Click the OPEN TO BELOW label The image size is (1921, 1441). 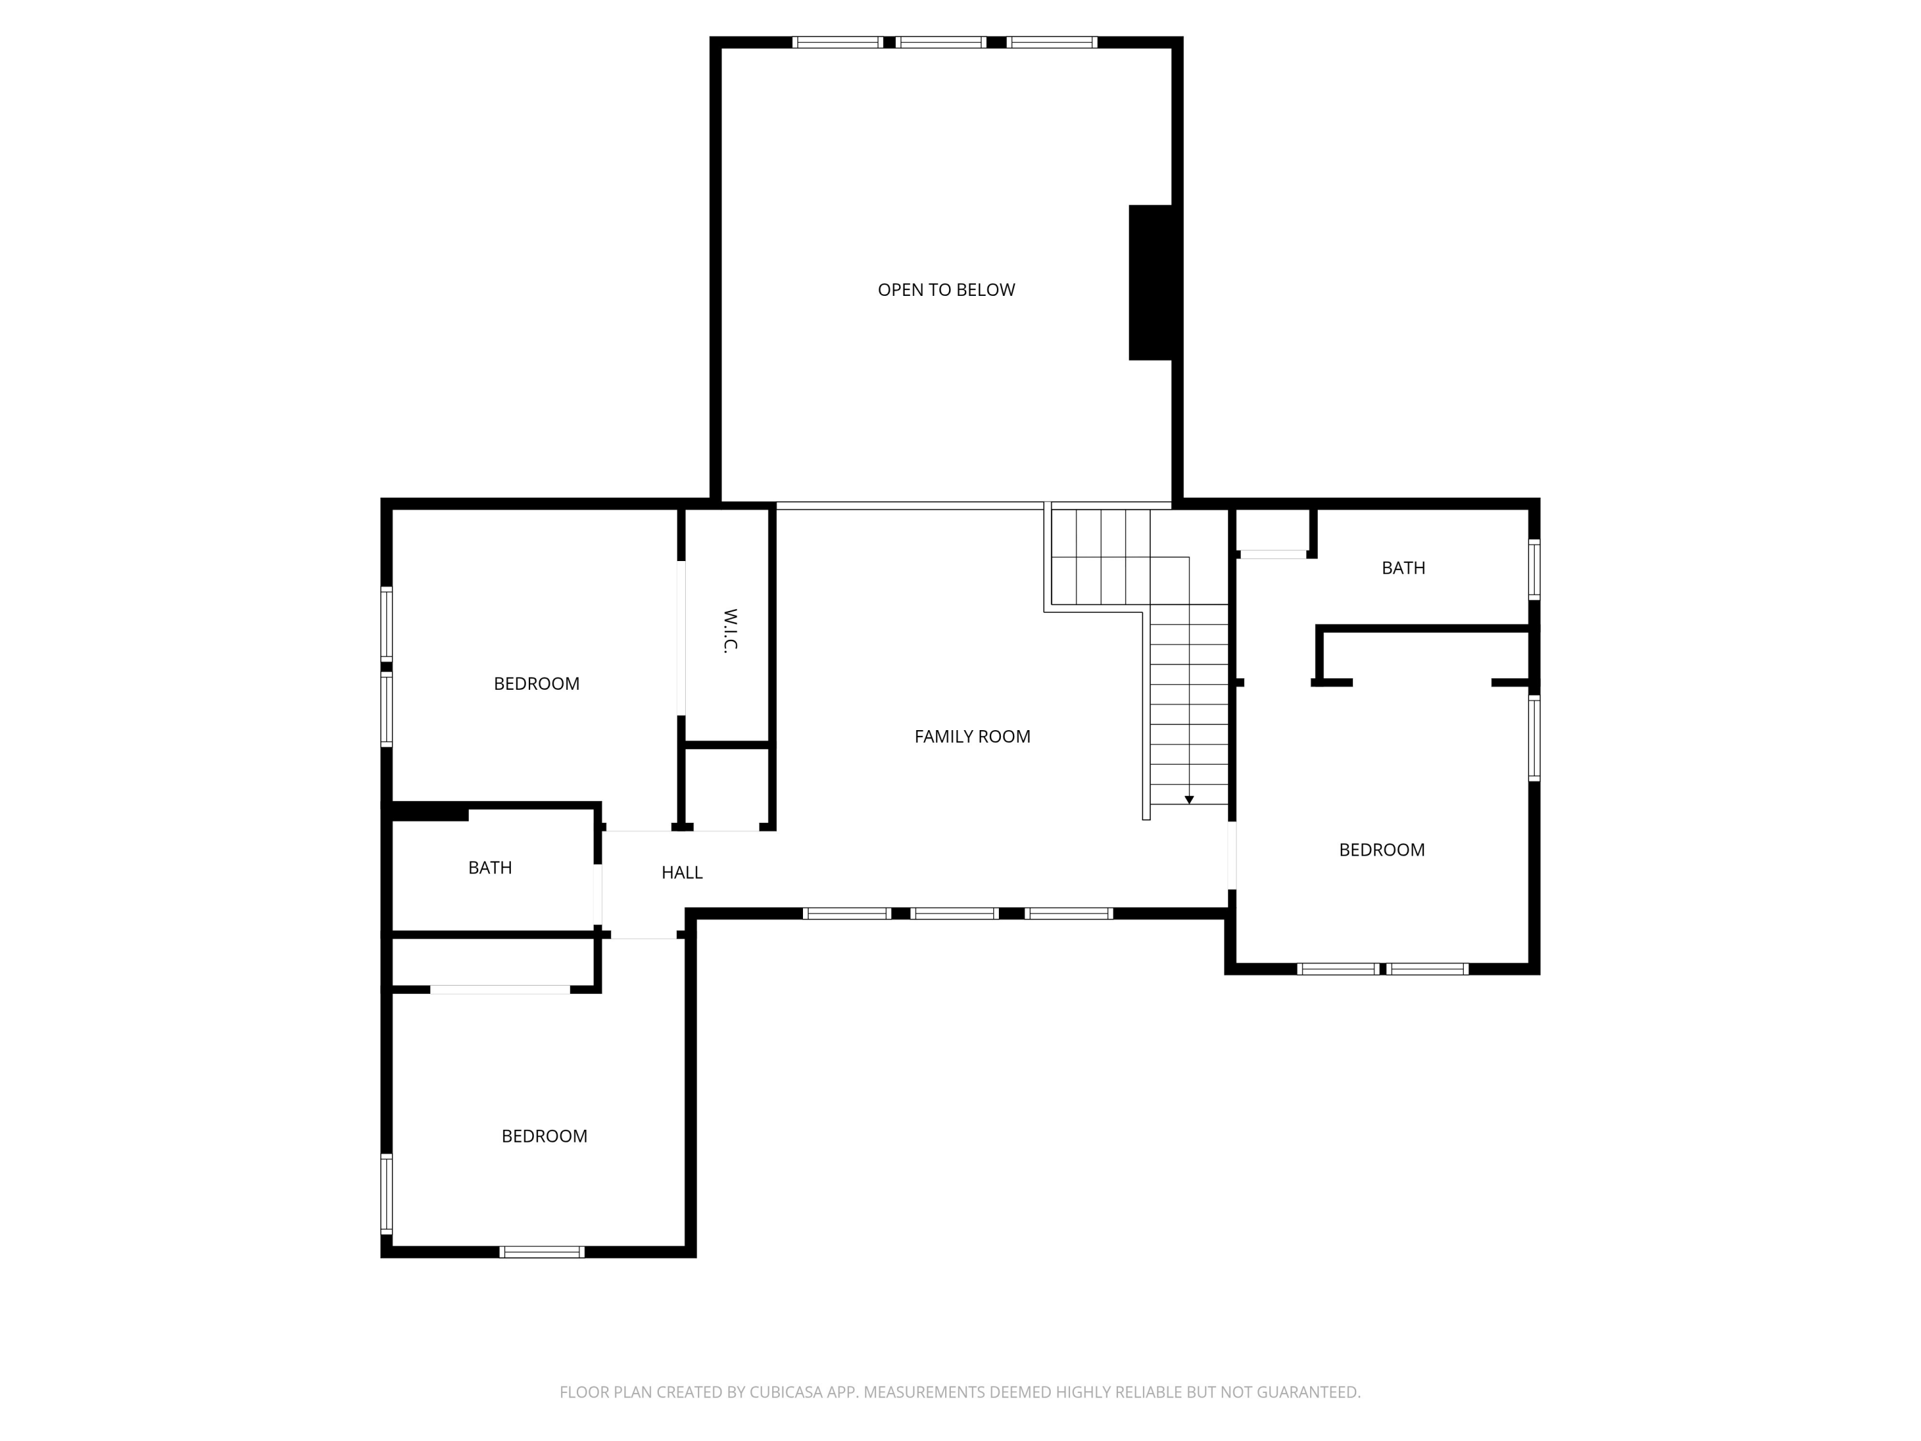pos(946,290)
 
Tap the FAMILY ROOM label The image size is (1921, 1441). pos(972,737)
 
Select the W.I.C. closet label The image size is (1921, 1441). pos(729,631)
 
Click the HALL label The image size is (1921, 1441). pos(682,873)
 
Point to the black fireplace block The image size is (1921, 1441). pos(1151,282)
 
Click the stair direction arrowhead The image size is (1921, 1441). pos(1189,799)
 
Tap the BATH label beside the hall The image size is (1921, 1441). pos(490,868)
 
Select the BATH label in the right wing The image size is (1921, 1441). pos(1402,568)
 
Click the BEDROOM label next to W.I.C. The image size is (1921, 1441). pos(536,683)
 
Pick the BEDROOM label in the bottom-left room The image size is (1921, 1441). pos(544,1136)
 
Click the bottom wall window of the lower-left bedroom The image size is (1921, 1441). pos(542,1251)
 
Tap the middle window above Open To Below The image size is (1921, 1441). pos(941,42)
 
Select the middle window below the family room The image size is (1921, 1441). pos(953,913)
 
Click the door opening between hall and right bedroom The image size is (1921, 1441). pos(1231,856)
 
